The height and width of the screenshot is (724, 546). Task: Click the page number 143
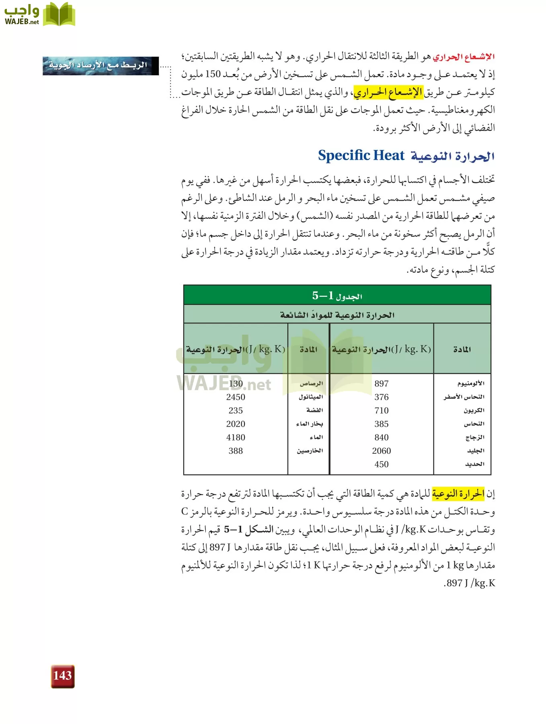[x=62, y=676]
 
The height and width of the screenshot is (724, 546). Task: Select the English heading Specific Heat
[x=361, y=155]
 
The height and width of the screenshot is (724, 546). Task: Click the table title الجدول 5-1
[x=337, y=296]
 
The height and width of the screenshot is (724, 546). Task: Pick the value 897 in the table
[x=381, y=384]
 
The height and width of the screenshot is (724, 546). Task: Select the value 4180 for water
[x=236, y=438]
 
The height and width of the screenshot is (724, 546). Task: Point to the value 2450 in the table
[x=236, y=397]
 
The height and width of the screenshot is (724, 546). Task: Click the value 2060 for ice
[x=381, y=451]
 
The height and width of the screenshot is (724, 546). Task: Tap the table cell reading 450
[x=381, y=464]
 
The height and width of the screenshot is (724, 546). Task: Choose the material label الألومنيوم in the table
[x=470, y=384]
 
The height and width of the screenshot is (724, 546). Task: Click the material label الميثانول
[x=310, y=397]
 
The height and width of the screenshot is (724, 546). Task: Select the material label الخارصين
[x=310, y=451]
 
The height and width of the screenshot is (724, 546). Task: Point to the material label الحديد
[x=474, y=464]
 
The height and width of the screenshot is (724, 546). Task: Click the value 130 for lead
[x=236, y=384]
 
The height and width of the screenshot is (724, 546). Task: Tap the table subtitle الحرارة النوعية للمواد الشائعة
[x=337, y=315]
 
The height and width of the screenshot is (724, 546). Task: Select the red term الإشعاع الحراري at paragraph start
[x=464, y=57]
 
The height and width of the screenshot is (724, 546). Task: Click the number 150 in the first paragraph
[x=213, y=74]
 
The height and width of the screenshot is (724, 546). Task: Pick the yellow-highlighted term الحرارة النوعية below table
[x=458, y=494]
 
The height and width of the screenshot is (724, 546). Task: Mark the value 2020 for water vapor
[x=236, y=424]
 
